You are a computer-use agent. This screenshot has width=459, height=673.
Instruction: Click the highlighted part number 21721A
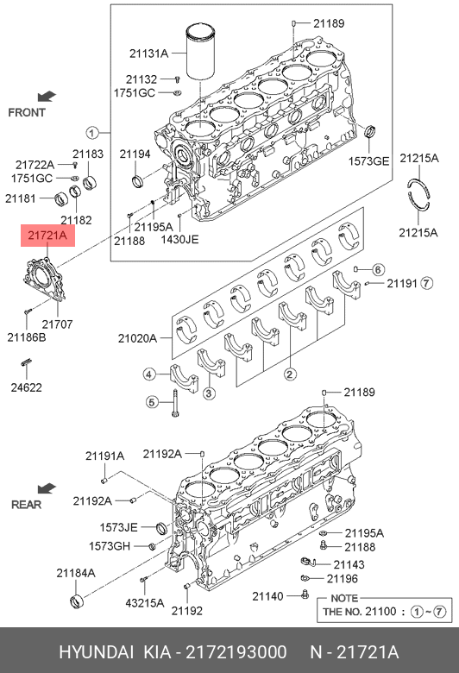47,236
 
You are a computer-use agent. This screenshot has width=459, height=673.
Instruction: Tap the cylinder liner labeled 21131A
201,53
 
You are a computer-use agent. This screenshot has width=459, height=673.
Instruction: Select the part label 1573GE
368,161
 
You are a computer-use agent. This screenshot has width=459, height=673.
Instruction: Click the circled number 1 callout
91,133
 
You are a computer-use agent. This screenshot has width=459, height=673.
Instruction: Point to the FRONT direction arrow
47,96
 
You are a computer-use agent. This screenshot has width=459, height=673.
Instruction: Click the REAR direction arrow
47,488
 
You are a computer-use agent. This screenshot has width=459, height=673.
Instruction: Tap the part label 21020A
137,338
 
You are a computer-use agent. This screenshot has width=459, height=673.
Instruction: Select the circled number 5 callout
152,402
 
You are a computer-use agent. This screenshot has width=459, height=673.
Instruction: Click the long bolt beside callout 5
175,403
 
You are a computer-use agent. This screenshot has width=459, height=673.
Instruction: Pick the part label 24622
26,387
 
